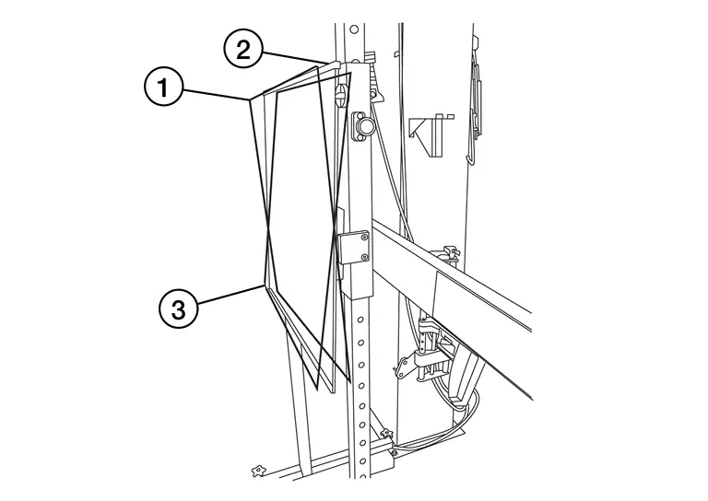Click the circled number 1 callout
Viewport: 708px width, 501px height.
coord(163,88)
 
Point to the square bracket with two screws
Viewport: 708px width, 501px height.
coord(355,248)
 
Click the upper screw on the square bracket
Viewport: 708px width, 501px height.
coord(365,239)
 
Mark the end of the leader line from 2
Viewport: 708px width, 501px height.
coord(328,64)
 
